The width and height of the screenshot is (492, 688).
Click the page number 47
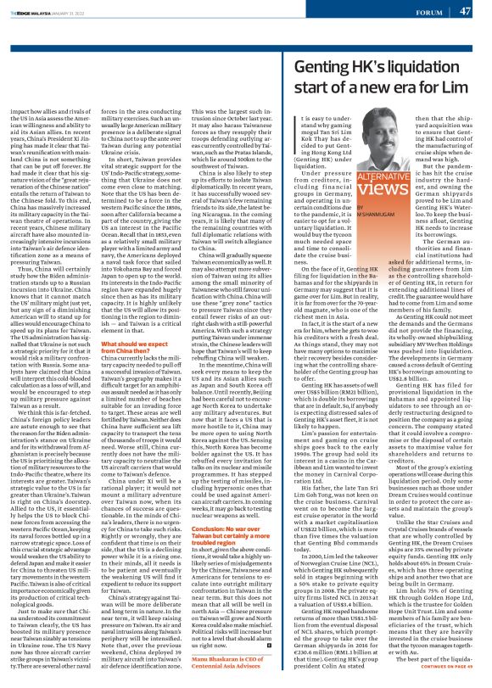point(465,11)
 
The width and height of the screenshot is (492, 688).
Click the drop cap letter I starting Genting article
point(293,125)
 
